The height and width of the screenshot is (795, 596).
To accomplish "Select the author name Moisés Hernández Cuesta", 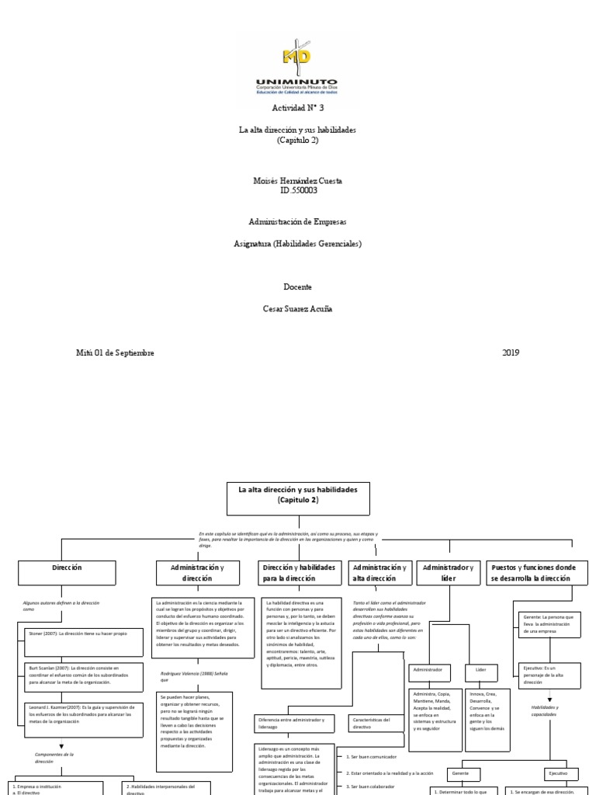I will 297,180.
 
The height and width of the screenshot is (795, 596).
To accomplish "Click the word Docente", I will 297,286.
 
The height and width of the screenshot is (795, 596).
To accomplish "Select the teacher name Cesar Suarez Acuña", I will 297,308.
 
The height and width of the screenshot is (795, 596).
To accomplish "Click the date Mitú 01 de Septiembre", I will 115,352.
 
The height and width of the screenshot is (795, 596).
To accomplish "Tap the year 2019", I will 510,352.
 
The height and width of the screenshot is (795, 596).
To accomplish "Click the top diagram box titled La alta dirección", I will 298,498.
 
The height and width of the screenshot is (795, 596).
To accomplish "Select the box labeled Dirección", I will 67,572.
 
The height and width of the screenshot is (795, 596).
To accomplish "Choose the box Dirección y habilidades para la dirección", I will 299,573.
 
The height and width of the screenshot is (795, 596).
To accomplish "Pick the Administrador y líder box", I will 448,573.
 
